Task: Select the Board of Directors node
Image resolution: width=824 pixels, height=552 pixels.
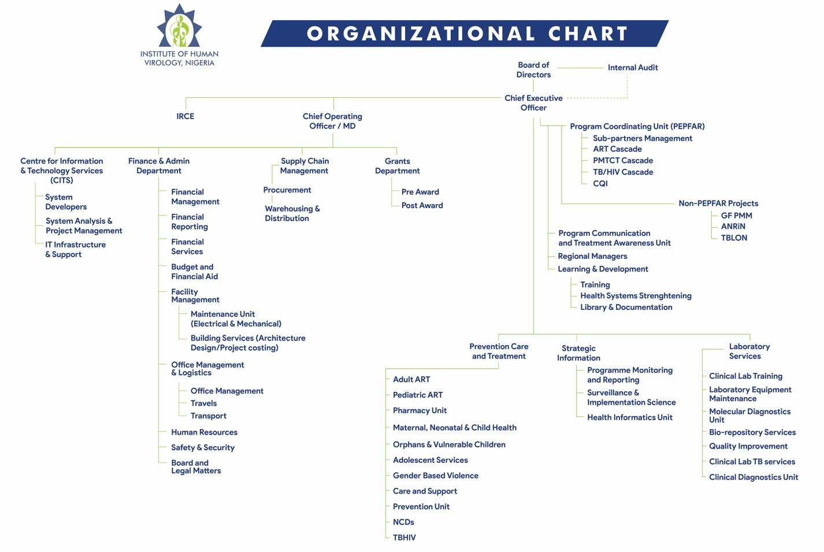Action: (x=533, y=69)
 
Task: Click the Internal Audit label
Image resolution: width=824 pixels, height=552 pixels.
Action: (x=633, y=68)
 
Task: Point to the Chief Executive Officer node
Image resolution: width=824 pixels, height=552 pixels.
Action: (x=533, y=103)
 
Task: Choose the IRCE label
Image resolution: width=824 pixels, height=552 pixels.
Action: (x=185, y=116)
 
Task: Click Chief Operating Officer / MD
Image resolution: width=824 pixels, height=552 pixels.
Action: (x=332, y=121)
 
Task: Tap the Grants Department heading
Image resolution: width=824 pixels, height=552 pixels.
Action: (x=398, y=165)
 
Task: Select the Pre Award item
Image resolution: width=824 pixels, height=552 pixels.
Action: (x=420, y=192)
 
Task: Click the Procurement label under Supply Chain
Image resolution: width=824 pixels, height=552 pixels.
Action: (x=287, y=190)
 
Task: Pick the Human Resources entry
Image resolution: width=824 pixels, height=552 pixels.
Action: (x=204, y=432)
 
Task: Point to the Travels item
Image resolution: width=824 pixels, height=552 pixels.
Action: (x=203, y=403)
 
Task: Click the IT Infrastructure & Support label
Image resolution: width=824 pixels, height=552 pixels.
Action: (x=75, y=249)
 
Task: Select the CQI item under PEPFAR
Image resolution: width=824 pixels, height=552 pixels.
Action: (x=600, y=183)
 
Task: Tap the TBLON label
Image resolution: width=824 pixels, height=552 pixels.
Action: (x=734, y=238)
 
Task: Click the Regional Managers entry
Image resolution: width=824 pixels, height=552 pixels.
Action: (x=592, y=256)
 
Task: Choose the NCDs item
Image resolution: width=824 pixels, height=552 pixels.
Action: (x=403, y=522)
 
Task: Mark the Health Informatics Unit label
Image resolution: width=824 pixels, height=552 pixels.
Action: (x=630, y=417)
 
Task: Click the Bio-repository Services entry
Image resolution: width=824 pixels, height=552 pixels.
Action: (x=752, y=432)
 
